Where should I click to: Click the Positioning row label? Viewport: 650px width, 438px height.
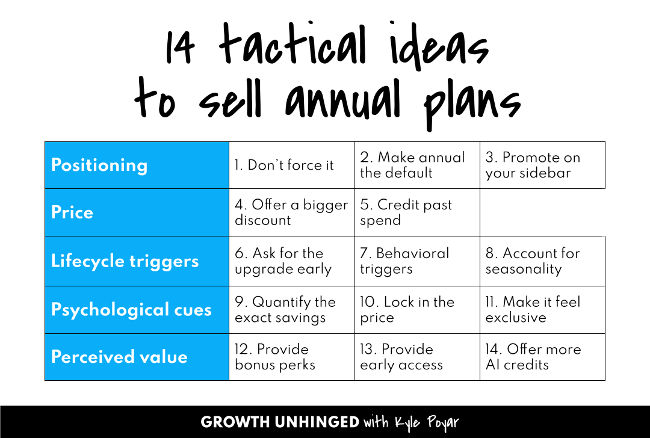(x=99, y=165)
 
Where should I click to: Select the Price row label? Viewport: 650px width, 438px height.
(x=72, y=212)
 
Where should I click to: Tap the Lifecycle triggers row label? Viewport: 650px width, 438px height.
(x=125, y=261)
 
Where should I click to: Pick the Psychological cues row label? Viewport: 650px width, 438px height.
(x=131, y=309)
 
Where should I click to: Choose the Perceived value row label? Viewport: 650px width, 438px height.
(x=119, y=357)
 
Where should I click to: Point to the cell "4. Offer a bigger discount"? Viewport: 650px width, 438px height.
(x=291, y=212)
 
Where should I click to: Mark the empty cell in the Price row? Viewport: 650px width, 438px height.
(x=542, y=212)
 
